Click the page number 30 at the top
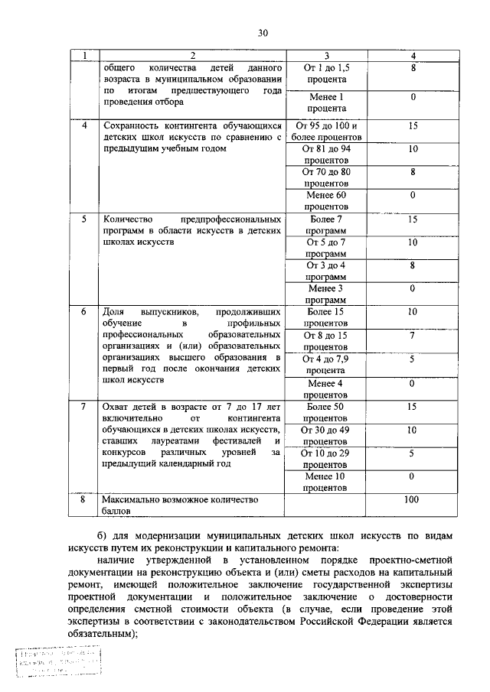[263, 33]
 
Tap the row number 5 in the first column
[84, 219]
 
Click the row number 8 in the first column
[84, 499]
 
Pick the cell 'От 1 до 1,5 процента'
[326, 73]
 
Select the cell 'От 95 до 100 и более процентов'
[326, 131]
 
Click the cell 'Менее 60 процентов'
[326, 200]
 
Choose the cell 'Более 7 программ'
[326, 224]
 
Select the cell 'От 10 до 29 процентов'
[326, 458]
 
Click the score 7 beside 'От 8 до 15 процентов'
[413, 335]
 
